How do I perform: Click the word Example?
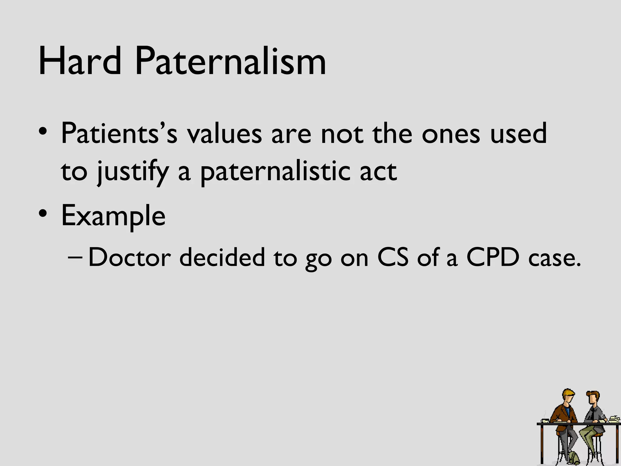(x=113, y=216)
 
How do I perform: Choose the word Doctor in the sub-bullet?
(x=129, y=257)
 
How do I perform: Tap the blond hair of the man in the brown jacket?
(x=567, y=395)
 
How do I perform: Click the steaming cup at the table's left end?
(x=545, y=420)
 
